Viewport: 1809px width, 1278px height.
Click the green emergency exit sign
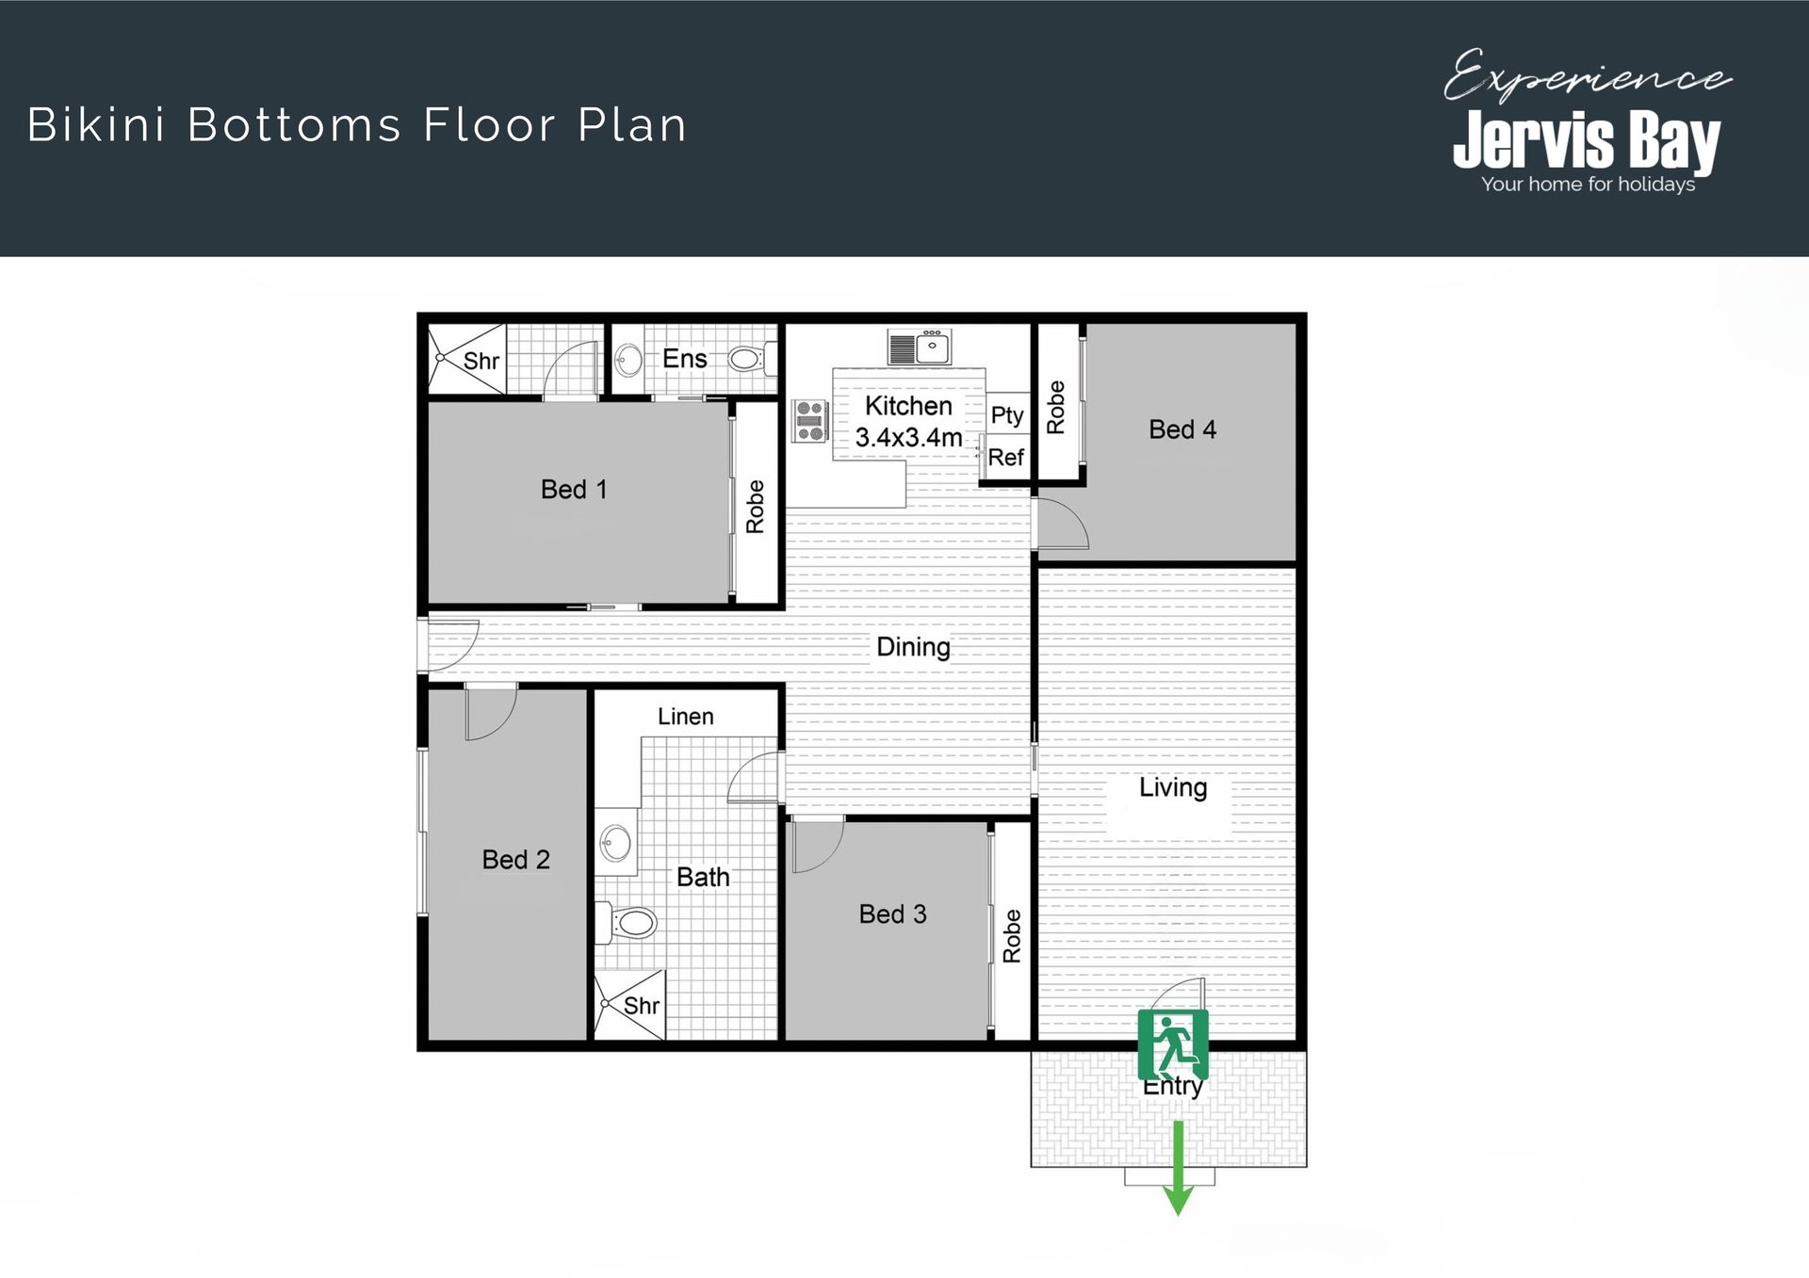pyautogui.click(x=1173, y=1044)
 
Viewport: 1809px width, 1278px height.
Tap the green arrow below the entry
pyautogui.click(x=1178, y=1168)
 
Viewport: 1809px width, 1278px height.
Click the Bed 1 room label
pyautogui.click(x=574, y=490)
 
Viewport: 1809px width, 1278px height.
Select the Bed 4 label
pyautogui.click(x=1182, y=429)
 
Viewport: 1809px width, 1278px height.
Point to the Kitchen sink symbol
pyautogui.click(x=919, y=348)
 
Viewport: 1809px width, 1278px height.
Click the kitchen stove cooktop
pyautogui.click(x=809, y=421)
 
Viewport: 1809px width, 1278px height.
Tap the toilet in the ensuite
pyautogui.click(x=751, y=359)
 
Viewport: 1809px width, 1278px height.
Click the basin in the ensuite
pyautogui.click(x=628, y=359)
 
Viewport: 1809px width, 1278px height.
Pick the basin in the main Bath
pyautogui.click(x=615, y=842)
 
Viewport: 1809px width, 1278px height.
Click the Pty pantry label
pyautogui.click(x=1007, y=415)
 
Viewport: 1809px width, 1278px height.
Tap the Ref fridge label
pyautogui.click(x=1005, y=457)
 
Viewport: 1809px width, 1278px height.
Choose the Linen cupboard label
pyautogui.click(x=685, y=717)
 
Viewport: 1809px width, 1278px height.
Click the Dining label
pyautogui.click(x=913, y=647)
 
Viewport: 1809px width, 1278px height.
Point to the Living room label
pyautogui.click(x=1173, y=787)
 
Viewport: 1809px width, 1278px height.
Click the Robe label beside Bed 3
pyautogui.click(x=1012, y=935)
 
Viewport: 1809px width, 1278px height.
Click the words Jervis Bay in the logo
pyautogui.click(x=1587, y=141)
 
